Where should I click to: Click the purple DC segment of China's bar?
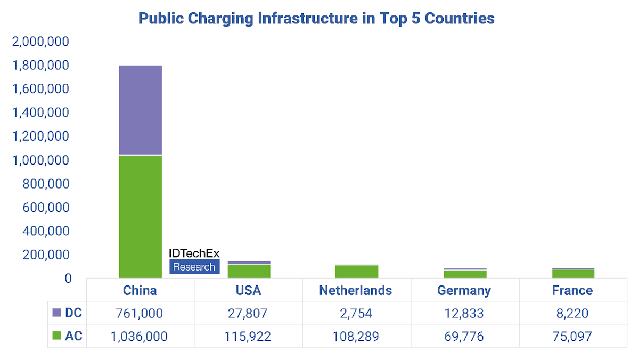141,110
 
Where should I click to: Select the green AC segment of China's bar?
141,216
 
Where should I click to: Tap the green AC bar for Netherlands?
357,272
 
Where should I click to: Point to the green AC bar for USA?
249,271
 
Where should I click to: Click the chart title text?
316,18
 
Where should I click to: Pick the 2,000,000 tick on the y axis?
40,42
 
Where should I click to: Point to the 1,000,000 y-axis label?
40,160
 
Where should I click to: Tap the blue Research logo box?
194,267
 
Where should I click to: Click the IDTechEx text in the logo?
194,253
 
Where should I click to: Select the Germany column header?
464,290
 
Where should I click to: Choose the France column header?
572,290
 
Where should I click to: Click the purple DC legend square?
58,313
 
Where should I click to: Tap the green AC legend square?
58,336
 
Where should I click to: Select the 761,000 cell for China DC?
140,313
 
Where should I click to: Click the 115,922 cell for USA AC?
248,336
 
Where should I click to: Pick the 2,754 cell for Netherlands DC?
356,313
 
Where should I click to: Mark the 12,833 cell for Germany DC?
464,313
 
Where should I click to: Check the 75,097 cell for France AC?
572,336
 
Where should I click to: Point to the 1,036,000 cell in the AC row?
140,336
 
